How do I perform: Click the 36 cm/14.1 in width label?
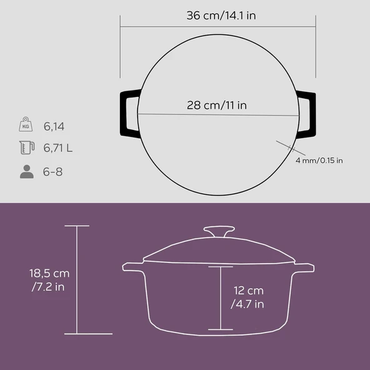click(221, 16)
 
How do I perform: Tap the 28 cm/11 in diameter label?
click(217, 105)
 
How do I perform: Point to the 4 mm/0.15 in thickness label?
click(319, 161)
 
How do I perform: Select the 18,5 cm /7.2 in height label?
click(49, 280)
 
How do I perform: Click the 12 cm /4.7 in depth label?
click(247, 297)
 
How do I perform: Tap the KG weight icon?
click(26, 124)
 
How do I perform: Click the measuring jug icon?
click(27, 147)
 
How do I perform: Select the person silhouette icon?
click(27, 171)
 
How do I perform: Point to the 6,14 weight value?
click(54, 126)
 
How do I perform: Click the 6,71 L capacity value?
click(57, 148)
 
